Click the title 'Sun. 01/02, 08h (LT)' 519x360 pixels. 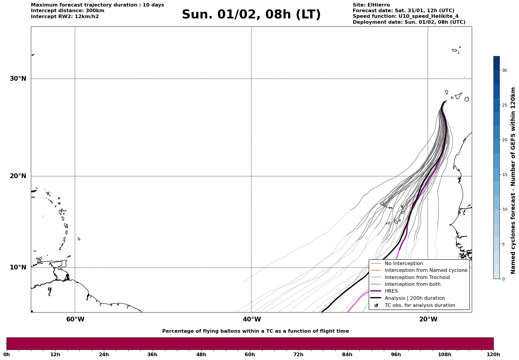(251, 15)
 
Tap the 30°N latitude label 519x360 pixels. (18, 79)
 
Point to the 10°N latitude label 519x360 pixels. (18, 267)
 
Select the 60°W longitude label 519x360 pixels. (75, 319)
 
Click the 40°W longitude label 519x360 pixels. (252, 319)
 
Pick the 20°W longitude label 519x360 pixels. (428, 319)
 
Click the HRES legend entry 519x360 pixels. (391, 291)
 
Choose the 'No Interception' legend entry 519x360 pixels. (404, 264)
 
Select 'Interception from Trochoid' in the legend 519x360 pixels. (417, 277)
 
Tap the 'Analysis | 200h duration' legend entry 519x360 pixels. (414, 298)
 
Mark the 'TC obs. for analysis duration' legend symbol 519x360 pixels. (376, 305)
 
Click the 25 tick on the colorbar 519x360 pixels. (504, 105)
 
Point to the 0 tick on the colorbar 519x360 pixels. (503, 279)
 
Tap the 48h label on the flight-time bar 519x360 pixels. (201, 354)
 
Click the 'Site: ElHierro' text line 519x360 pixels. (371, 5)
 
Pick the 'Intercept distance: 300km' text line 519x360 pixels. (67, 11)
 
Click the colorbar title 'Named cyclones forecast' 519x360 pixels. (513, 180)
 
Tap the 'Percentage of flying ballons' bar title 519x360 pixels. (255, 331)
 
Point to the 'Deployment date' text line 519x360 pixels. (409, 22)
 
